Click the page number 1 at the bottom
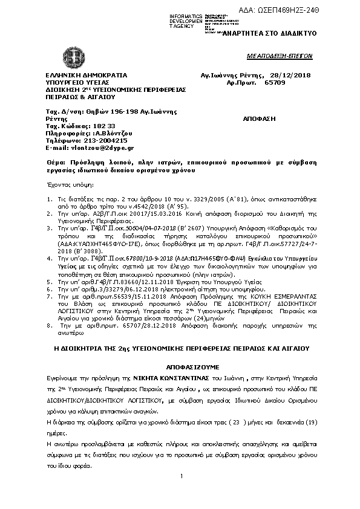tap(181, 477)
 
